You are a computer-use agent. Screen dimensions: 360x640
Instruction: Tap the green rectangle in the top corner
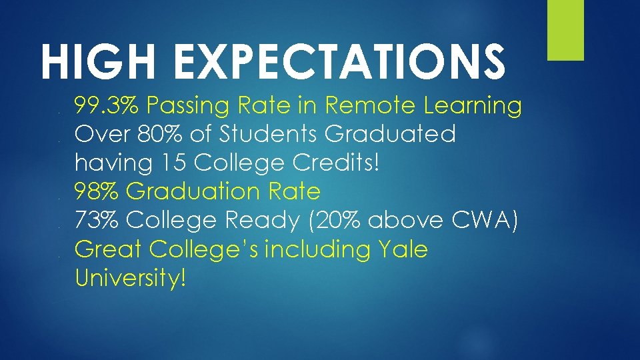pos(565,30)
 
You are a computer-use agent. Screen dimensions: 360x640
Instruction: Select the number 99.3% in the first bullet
pos(107,105)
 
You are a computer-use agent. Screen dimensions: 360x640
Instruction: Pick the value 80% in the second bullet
pos(156,134)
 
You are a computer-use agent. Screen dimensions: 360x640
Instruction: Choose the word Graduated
pos(390,134)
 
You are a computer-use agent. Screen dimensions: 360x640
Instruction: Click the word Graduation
pos(194,192)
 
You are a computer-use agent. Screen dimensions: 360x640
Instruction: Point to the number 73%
pos(97,220)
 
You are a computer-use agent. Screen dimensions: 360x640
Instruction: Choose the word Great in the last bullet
pos(109,249)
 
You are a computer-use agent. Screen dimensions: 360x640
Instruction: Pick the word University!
pos(130,278)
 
